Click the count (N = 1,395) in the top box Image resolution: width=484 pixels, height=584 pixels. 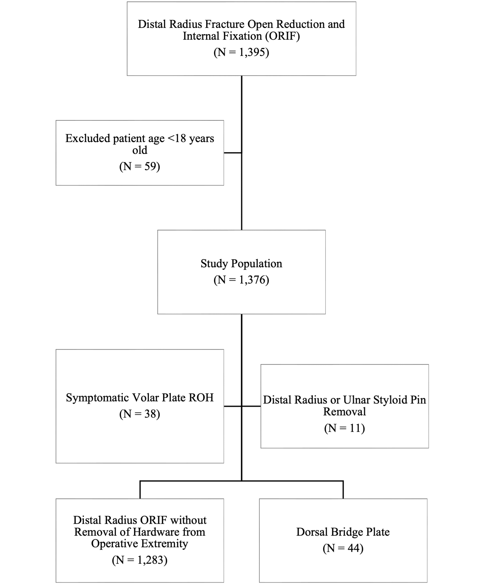tap(241, 52)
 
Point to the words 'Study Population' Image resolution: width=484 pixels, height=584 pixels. tap(241, 263)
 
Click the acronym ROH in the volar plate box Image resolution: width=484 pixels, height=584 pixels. tap(201, 398)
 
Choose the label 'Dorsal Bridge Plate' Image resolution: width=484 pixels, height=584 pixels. tap(343, 532)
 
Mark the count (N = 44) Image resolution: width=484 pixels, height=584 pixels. tap(343, 548)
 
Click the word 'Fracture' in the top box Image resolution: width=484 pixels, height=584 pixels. tap(225, 24)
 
